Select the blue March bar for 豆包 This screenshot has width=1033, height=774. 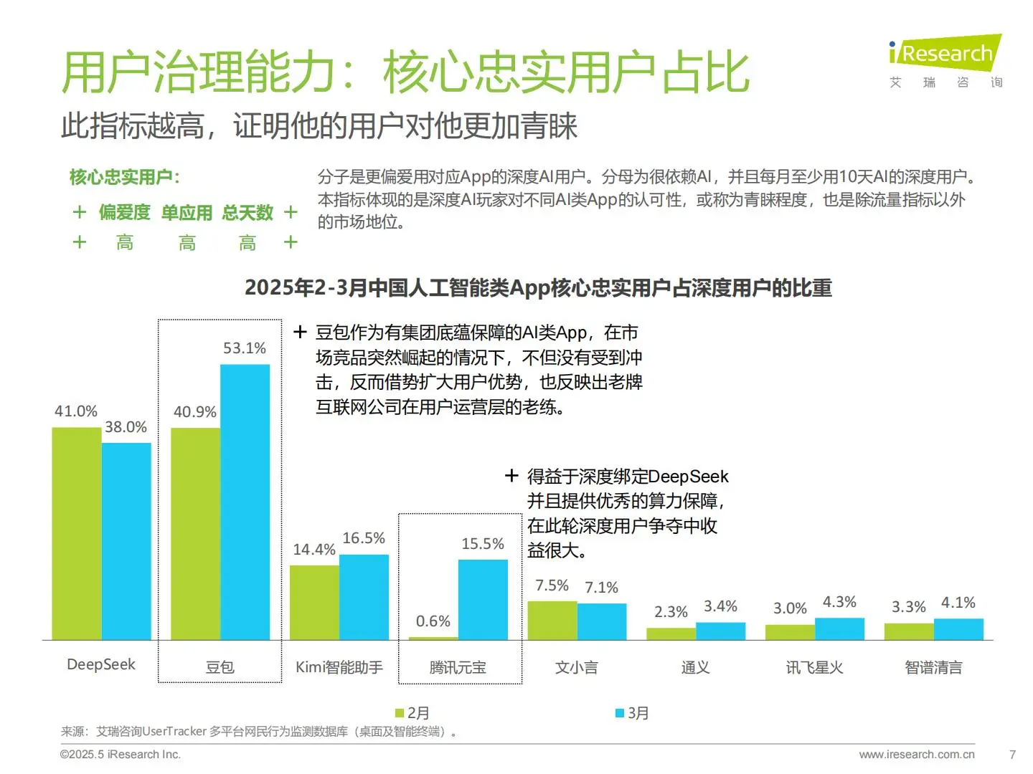(x=245, y=502)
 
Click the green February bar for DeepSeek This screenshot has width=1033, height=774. (x=77, y=533)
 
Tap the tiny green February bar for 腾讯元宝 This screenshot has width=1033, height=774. (x=433, y=638)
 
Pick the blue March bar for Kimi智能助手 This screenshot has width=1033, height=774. (x=364, y=596)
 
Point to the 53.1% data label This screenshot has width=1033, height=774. (x=245, y=348)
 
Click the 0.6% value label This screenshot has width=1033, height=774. (x=433, y=621)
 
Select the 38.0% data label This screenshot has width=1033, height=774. (x=126, y=427)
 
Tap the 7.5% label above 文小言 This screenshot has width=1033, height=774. (x=552, y=586)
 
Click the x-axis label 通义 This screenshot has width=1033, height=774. (x=695, y=667)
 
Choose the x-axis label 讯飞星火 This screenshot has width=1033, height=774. (x=814, y=667)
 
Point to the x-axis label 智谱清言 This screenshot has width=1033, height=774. (x=933, y=667)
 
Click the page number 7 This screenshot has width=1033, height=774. (x=1012, y=755)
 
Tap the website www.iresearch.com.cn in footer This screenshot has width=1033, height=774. (x=917, y=755)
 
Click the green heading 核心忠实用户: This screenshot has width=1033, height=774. (x=124, y=177)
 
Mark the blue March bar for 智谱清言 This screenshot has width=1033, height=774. (x=958, y=629)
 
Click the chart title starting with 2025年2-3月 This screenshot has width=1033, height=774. (x=538, y=288)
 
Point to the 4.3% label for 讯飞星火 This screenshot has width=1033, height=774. (x=839, y=602)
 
